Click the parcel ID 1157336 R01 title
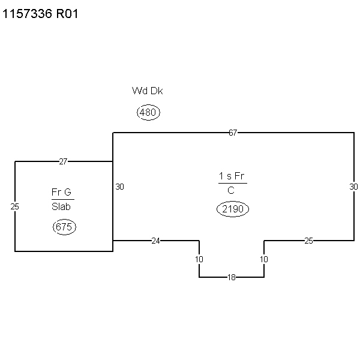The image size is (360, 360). click(x=40, y=14)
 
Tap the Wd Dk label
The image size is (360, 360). click(x=148, y=91)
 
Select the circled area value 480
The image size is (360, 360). click(x=148, y=112)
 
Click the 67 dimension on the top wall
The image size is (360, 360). click(x=233, y=133)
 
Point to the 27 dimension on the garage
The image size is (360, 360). click(x=63, y=161)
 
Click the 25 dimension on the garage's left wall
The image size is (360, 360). click(x=14, y=206)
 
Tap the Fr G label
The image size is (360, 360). click(x=61, y=192)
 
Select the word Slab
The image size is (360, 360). click(x=61, y=206)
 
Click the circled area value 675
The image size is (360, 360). click(x=64, y=227)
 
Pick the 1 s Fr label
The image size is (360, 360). click(x=232, y=176)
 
